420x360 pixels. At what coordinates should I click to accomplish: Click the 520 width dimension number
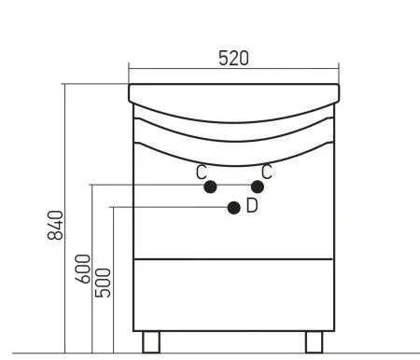(x=233, y=58)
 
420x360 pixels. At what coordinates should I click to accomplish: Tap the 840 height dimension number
(x=55, y=225)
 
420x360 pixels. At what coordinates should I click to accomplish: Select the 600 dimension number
(x=83, y=269)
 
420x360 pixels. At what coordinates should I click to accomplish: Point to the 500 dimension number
(x=103, y=283)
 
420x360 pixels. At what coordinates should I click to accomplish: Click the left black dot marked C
(x=210, y=187)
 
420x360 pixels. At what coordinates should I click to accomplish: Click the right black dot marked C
(x=258, y=187)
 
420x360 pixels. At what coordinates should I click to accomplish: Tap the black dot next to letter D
(x=234, y=208)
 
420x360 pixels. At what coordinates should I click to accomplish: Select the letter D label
(x=252, y=205)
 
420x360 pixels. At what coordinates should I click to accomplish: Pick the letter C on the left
(x=202, y=172)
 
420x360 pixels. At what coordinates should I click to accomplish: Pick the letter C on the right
(x=267, y=172)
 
